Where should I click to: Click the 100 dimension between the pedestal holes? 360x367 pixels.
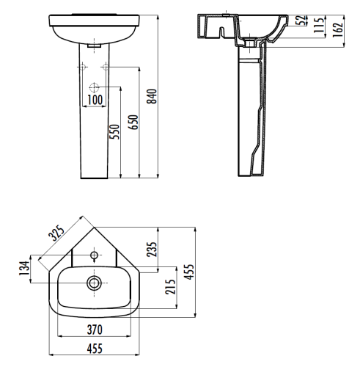(x=95, y=98)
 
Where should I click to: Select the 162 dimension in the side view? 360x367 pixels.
(x=337, y=30)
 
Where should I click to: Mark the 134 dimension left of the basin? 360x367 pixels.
(x=24, y=269)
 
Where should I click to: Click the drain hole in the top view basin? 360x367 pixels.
(x=93, y=282)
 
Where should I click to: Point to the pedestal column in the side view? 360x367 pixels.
(x=250, y=117)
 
